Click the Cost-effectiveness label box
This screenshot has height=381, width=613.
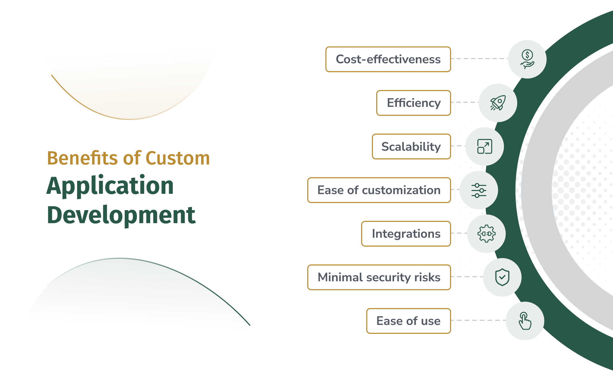tap(388, 59)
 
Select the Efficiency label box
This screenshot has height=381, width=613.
tap(414, 103)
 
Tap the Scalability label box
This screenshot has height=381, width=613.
tap(411, 146)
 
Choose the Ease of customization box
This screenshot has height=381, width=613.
tap(379, 190)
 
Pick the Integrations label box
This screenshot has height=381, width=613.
tap(406, 234)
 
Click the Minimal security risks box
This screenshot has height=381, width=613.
tap(379, 277)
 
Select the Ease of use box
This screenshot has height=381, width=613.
tap(409, 321)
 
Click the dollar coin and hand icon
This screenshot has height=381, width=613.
tap(527, 59)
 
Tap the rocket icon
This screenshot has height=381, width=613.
tap(498, 103)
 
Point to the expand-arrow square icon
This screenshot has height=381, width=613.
tap(485, 146)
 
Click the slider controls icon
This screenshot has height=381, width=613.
tap(479, 190)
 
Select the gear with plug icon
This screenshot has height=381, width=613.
tap(487, 234)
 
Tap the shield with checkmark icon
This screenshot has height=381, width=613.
tap(502, 277)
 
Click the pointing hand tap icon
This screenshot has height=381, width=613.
tap(525, 321)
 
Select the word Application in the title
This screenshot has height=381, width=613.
tap(110, 186)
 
